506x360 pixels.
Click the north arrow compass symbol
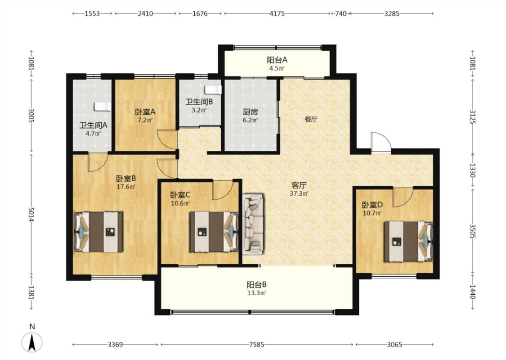(x=31, y=342)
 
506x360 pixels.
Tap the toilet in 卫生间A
(x=103, y=107)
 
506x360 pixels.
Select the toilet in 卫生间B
(x=213, y=90)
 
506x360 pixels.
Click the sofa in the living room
(x=253, y=224)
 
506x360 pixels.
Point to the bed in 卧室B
(x=99, y=231)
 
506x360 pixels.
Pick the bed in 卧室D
(x=408, y=241)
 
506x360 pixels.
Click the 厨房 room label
(x=251, y=112)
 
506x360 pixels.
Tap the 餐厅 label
(x=311, y=119)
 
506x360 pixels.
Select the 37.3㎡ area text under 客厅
(x=299, y=193)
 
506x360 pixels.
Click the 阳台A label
(x=277, y=60)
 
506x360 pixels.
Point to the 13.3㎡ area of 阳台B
(x=257, y=293)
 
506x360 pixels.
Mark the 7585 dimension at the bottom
(x=256, y=345)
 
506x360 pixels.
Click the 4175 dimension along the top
(x=277, y=13)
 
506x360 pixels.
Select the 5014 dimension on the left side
(x=31, y=214)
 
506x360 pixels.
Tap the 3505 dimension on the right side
(x=472, y=231)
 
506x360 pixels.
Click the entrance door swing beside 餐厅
(x=381, y=142)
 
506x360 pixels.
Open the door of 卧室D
(x=403, y=197)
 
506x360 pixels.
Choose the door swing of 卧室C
(x=223, y=190)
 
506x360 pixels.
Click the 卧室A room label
(x=145, y=112)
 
